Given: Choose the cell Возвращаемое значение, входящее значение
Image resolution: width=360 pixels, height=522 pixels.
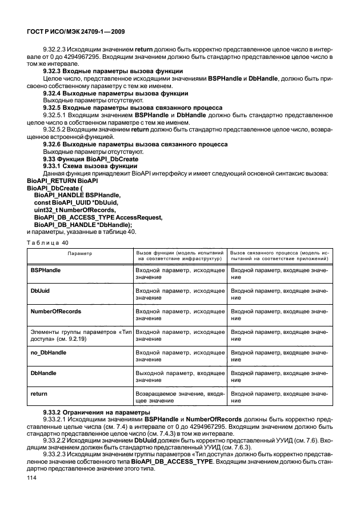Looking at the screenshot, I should [179, 397].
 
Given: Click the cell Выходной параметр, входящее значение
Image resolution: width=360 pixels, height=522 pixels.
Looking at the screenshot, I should [179, 377].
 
